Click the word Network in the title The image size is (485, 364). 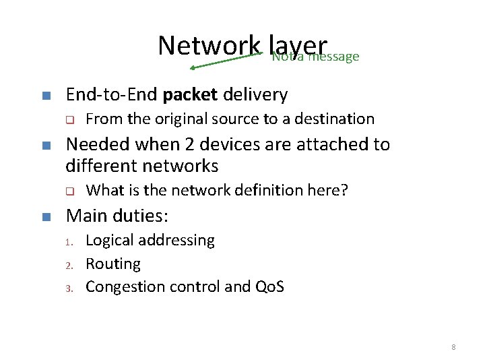[x=209, y=45]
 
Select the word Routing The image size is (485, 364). [x=113, y=264]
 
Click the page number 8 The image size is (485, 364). [x=453, y=347]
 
